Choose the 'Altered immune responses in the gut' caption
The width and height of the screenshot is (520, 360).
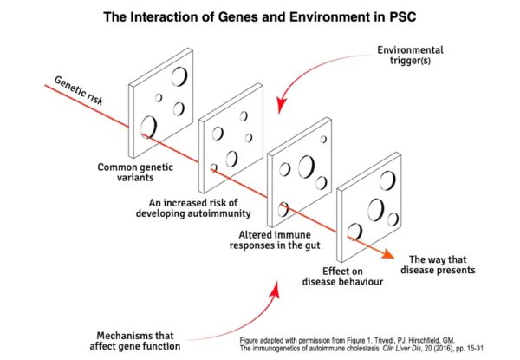[270, 242]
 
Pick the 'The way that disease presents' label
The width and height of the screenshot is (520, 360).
[441, 265]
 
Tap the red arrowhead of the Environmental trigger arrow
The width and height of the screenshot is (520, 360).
[279, 110]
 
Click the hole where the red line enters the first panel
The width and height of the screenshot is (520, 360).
[148, 127]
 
